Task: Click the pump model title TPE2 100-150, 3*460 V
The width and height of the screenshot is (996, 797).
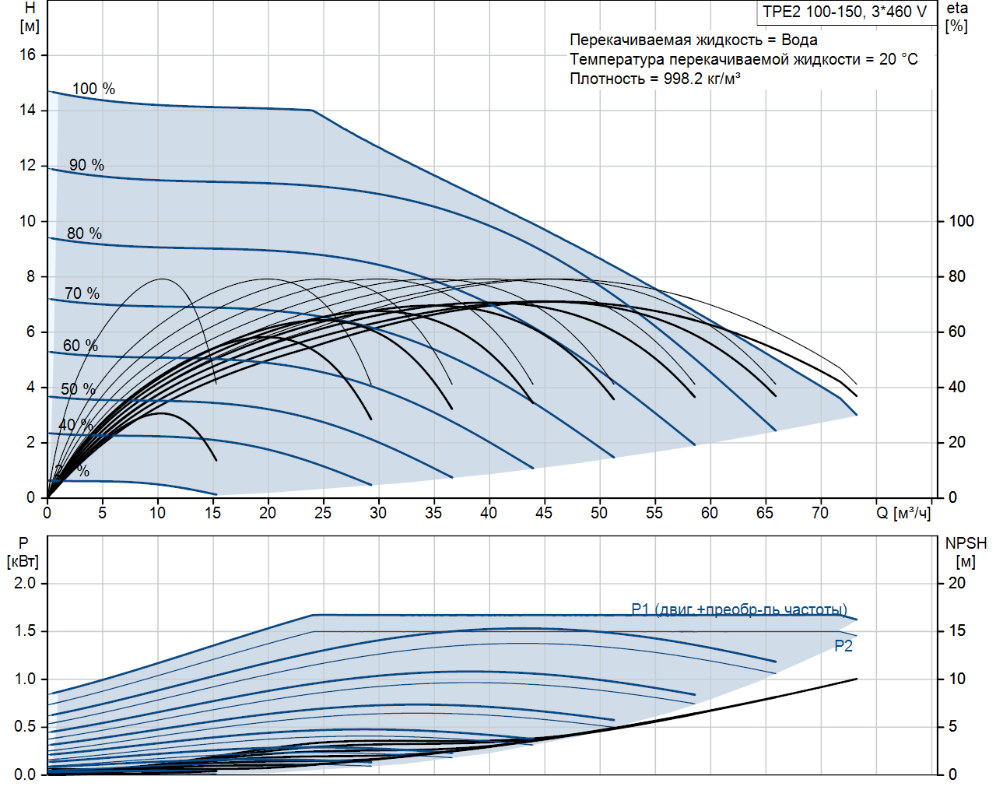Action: (x=844, y=12)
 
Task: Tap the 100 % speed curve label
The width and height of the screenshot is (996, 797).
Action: (x=93, y=89)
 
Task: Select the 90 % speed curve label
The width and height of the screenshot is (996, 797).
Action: (x=86, y=165)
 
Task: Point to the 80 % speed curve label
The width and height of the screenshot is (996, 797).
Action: (x=84, y=233)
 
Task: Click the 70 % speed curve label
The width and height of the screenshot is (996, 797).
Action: (x=82, y=293)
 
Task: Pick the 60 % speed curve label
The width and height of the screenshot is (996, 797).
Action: (x=80, y=346)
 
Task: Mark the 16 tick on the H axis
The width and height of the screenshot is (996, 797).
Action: (x=28, y=54)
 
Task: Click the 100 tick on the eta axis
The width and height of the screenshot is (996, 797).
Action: (x=961, y=221)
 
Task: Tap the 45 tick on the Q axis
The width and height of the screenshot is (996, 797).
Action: (x=544, y=513)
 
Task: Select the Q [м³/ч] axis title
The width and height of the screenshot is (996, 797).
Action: (x=903, y=513)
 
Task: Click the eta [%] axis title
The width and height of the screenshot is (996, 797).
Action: (x=957, y=17)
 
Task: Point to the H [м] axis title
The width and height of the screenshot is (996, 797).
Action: (x=30, y=17)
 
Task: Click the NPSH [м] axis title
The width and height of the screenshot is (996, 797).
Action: (x=966, y=552)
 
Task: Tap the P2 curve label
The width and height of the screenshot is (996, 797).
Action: (x=843, y=646)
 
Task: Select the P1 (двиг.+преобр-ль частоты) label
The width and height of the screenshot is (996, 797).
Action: (x=739, y=609)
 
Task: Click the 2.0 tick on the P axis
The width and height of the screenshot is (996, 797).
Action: (x=25, y=583)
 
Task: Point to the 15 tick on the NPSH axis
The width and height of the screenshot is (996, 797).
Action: (x=957, y=630)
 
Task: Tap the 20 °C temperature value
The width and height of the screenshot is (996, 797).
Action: (x=898, y=59)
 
